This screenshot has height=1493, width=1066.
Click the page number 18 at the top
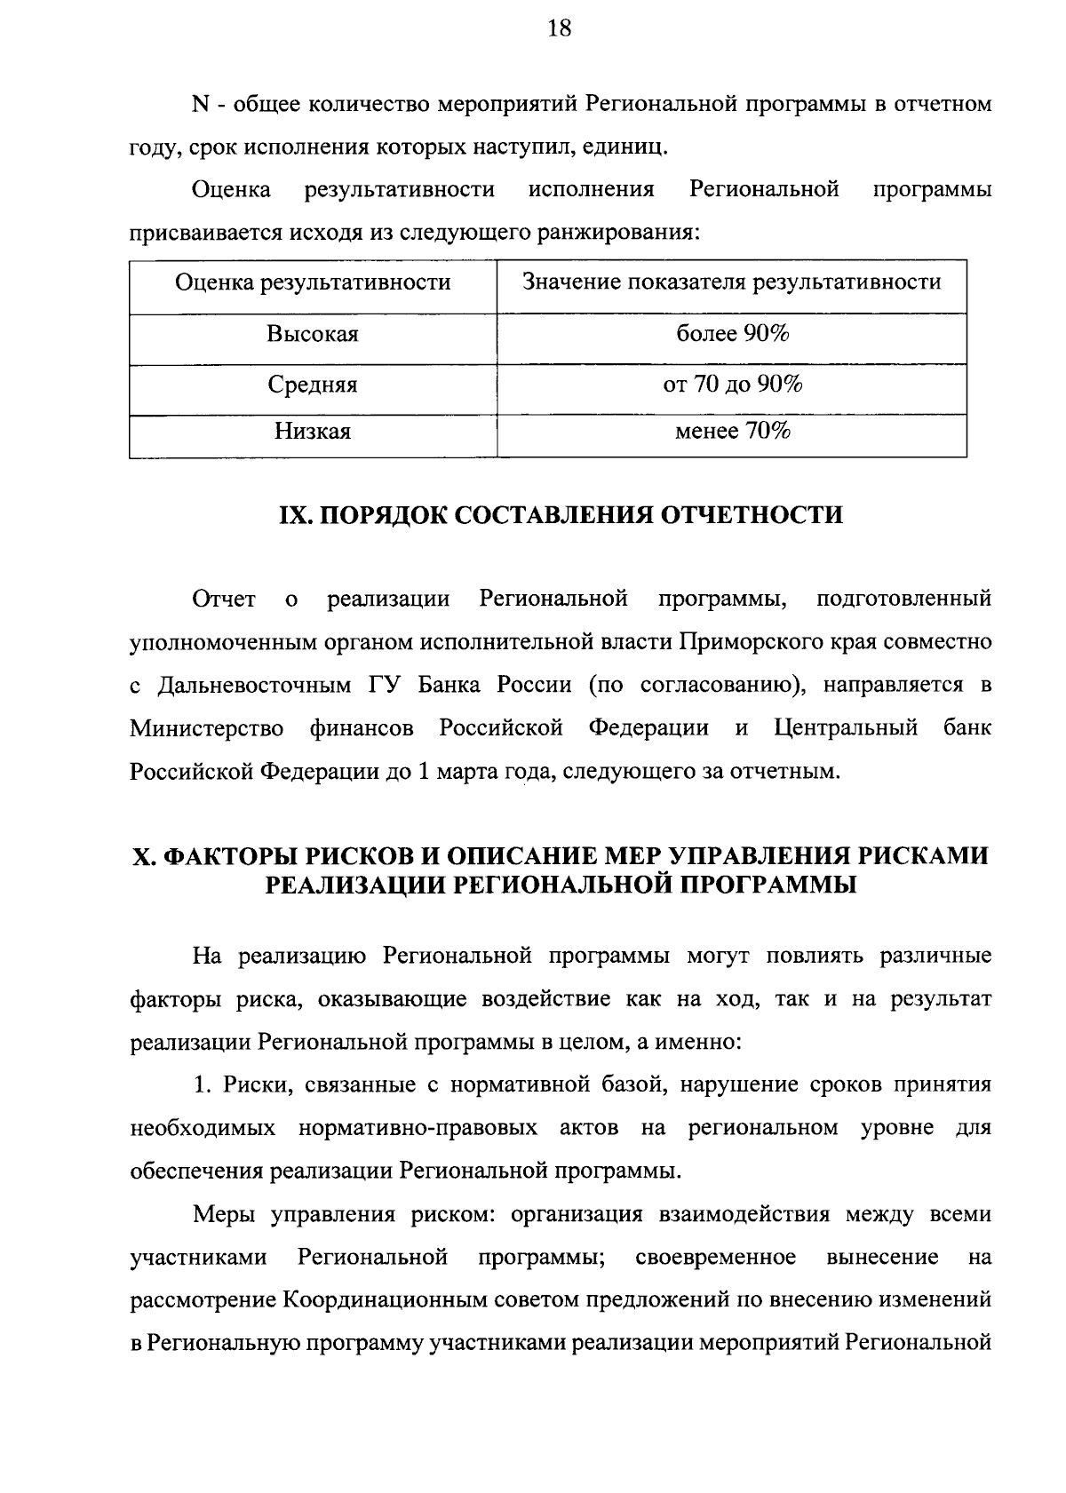(x=559, y=29)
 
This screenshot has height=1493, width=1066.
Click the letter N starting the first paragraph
(x=200, y=105)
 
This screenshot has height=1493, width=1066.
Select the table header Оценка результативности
(x=313, y=282)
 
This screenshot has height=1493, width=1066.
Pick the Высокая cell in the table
(x=313, y=335)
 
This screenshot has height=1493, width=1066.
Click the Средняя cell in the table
(x=313, y=385)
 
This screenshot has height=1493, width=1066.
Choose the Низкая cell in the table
(x=313, y=433)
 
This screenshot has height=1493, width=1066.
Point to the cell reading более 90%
(x=732, y=334)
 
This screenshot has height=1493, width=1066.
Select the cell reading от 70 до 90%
(x=732, y=385)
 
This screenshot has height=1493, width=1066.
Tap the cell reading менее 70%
(x=732, y=432)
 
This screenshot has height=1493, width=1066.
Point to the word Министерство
(x=207, y=729)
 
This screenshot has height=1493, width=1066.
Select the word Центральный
(x=846, y=729)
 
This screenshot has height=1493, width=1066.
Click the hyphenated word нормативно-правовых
(x=418, y=1128)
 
